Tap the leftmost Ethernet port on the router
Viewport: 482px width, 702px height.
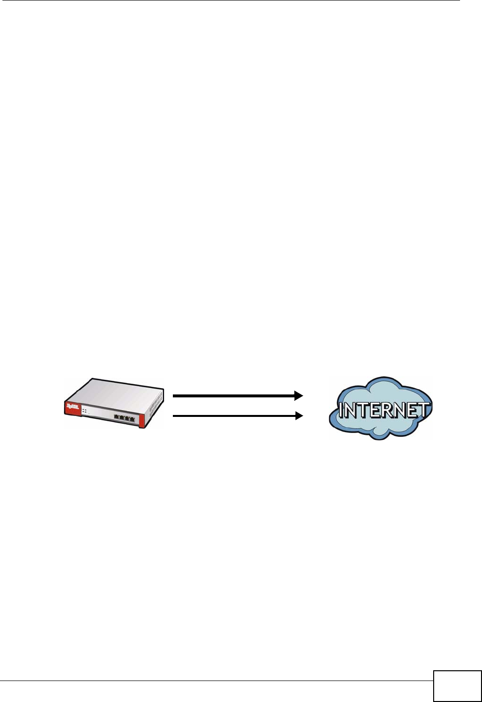click(117, 417)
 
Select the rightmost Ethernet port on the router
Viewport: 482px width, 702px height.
click(132, 418)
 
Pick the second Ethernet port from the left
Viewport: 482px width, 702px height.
click(122, 418)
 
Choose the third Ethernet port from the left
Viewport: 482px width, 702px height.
click(127, 418)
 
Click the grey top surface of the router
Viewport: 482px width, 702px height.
click(117, 391)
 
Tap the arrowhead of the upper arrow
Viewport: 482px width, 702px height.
click(298, 396)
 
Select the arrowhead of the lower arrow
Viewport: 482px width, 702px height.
click(298, 416)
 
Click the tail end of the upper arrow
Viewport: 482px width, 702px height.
click(175, 396)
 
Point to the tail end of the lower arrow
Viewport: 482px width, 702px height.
click(175, 416)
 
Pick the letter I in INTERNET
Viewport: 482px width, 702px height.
click(341, 411)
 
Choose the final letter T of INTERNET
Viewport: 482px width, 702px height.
click(424, 410)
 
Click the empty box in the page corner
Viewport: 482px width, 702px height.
click(457, 686)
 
